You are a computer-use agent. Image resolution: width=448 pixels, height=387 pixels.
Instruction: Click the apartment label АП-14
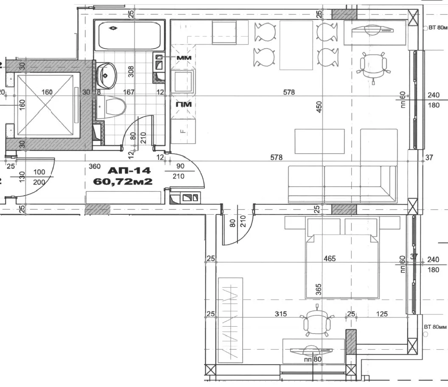(129, 171)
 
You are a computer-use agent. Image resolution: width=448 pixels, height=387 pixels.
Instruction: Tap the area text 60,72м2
(123, 181)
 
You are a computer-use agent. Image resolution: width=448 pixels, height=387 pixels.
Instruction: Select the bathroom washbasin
(106, 75)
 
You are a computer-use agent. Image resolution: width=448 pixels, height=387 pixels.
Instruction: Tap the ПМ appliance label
(184, 104)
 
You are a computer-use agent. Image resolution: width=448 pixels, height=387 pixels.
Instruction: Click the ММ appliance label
(184, 57)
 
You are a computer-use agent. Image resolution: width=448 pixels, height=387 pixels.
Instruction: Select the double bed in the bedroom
(342, 265)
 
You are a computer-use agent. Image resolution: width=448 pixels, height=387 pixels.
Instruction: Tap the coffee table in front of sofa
(320, 142)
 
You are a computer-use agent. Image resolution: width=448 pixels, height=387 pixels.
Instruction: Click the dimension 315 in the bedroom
(281, 314)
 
